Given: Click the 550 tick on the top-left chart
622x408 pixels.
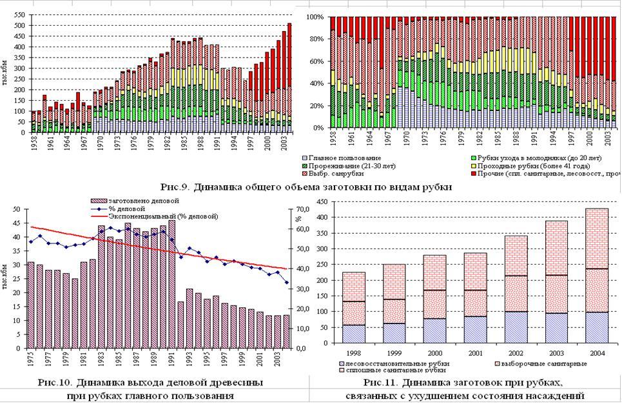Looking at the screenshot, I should pyautogui.click(x=20, y=14).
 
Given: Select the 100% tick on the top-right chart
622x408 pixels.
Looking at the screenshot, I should pyautogui.click(x=314, y=17).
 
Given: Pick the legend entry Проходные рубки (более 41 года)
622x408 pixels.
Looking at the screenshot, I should pyautogui.click(x=516, y=165).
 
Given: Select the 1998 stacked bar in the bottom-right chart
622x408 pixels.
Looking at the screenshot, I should pyautogui.click(x=353, y=307).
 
